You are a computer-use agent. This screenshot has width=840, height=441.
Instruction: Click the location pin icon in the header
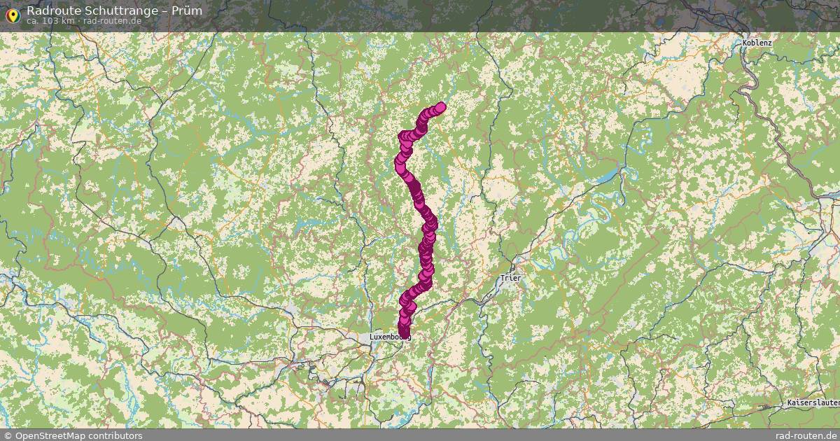(x=12, y=14)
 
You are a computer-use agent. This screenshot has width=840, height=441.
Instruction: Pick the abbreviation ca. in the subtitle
(x=34, y=21)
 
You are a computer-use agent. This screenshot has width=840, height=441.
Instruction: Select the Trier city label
(x=511, y=278)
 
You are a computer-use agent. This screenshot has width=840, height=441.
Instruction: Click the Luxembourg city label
(x=389, y=337)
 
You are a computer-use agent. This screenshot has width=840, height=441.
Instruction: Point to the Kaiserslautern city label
(x=812, y=405)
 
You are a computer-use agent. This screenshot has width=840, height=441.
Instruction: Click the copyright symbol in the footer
(x=7, y=435)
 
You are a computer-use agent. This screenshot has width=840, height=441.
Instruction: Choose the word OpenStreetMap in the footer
(x=49, y=435)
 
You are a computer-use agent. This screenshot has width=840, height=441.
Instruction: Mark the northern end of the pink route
(x=440, y=107)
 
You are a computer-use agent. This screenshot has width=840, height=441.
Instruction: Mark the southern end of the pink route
(x=403, y=332)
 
